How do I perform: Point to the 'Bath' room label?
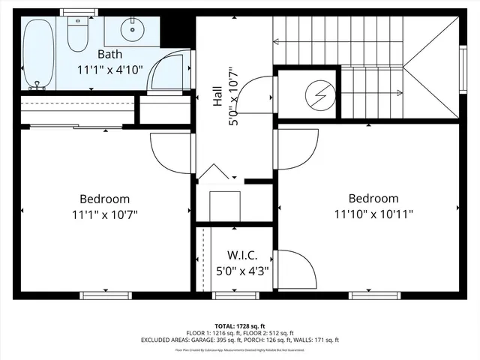[x=110, y=55]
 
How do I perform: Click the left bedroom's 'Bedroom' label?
[x=105, y=199]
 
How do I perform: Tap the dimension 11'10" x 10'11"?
[x=373, y=214]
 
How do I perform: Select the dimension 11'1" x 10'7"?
[x=105, y=214]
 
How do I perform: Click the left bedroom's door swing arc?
[x=166, y=154]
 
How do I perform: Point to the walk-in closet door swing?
[x=295, y=268]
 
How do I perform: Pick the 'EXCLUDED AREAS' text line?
[x=239, y=340]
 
